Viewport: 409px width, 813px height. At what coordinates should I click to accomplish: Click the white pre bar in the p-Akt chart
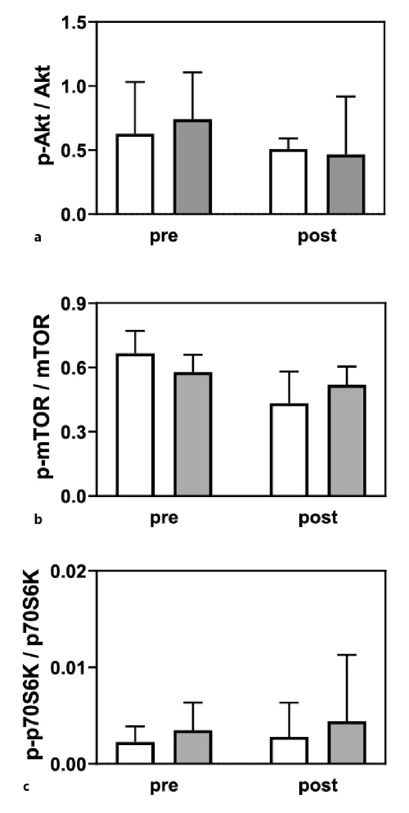(x=135, y=174)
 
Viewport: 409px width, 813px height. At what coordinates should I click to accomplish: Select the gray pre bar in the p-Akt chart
(x=193, y=167)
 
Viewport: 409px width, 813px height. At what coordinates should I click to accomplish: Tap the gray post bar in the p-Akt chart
(x=346, y=185)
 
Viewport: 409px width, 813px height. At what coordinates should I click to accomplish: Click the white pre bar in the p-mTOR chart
(x=135, y=425)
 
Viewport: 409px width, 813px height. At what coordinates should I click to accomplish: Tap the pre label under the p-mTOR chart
(x=164, y=518)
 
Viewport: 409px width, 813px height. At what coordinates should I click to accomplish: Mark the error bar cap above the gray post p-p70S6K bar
(x=347, y=655)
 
